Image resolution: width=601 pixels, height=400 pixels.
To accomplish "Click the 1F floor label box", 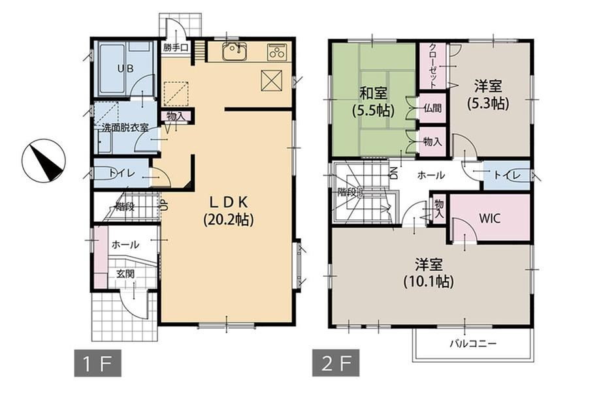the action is point(98,363).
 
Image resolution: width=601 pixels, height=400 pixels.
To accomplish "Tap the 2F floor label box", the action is point(336,363).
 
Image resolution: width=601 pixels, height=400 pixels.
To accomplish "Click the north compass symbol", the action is point(44,161).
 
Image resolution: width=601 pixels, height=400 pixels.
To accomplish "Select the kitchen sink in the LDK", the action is point(234,52).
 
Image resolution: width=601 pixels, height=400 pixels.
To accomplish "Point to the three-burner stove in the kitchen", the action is point(276,52).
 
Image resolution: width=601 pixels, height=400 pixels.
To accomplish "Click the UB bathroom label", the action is point(125,69).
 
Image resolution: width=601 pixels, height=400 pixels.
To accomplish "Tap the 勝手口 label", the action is point(175,48).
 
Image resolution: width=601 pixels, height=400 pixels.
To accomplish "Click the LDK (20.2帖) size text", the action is point(229,211).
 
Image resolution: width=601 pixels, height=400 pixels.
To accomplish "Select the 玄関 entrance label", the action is point(125,273).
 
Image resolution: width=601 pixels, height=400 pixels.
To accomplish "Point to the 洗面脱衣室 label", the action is point(125,127).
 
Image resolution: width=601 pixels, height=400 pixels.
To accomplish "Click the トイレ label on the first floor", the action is point(122,173).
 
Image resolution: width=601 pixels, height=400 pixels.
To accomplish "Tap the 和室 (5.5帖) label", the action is point(373,101).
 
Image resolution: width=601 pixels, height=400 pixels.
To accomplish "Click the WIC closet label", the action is point(489,219).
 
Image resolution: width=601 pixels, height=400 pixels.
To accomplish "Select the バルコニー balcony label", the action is point(473,343).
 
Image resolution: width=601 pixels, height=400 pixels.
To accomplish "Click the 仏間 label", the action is point(432,108).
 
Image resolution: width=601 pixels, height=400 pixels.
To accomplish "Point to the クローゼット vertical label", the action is point(432,65).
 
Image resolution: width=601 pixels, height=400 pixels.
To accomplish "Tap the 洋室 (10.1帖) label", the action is point(429,273).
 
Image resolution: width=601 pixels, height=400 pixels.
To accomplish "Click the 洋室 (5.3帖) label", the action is point(488,95).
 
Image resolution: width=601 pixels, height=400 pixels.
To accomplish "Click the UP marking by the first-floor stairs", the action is point(163,206).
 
